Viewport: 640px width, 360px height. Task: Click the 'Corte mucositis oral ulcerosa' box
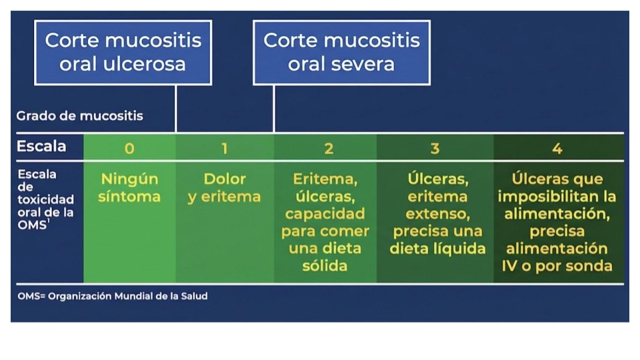pos(123,53)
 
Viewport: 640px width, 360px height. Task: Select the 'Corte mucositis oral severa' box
pos(341,53)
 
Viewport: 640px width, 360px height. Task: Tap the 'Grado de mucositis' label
pos(79,116)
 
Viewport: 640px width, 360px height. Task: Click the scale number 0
pos(129,148)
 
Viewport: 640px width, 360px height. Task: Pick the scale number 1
pos(225,148)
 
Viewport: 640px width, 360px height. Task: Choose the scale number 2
pos(329,148)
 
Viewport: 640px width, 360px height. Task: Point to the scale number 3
pos(435,148)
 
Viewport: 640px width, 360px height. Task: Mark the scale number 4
pos(557,148)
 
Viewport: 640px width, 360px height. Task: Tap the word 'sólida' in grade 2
pos(325,266)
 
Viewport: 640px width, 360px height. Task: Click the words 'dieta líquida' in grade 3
pos(437,249)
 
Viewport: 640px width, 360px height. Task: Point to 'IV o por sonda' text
pos(557,266)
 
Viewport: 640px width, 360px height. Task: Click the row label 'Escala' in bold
pos(41,146)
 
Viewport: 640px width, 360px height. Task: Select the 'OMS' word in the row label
pos(32,225)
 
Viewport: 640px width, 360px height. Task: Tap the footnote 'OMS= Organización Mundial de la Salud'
pos(112,296)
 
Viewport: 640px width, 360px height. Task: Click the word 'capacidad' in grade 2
pos(325,214)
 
